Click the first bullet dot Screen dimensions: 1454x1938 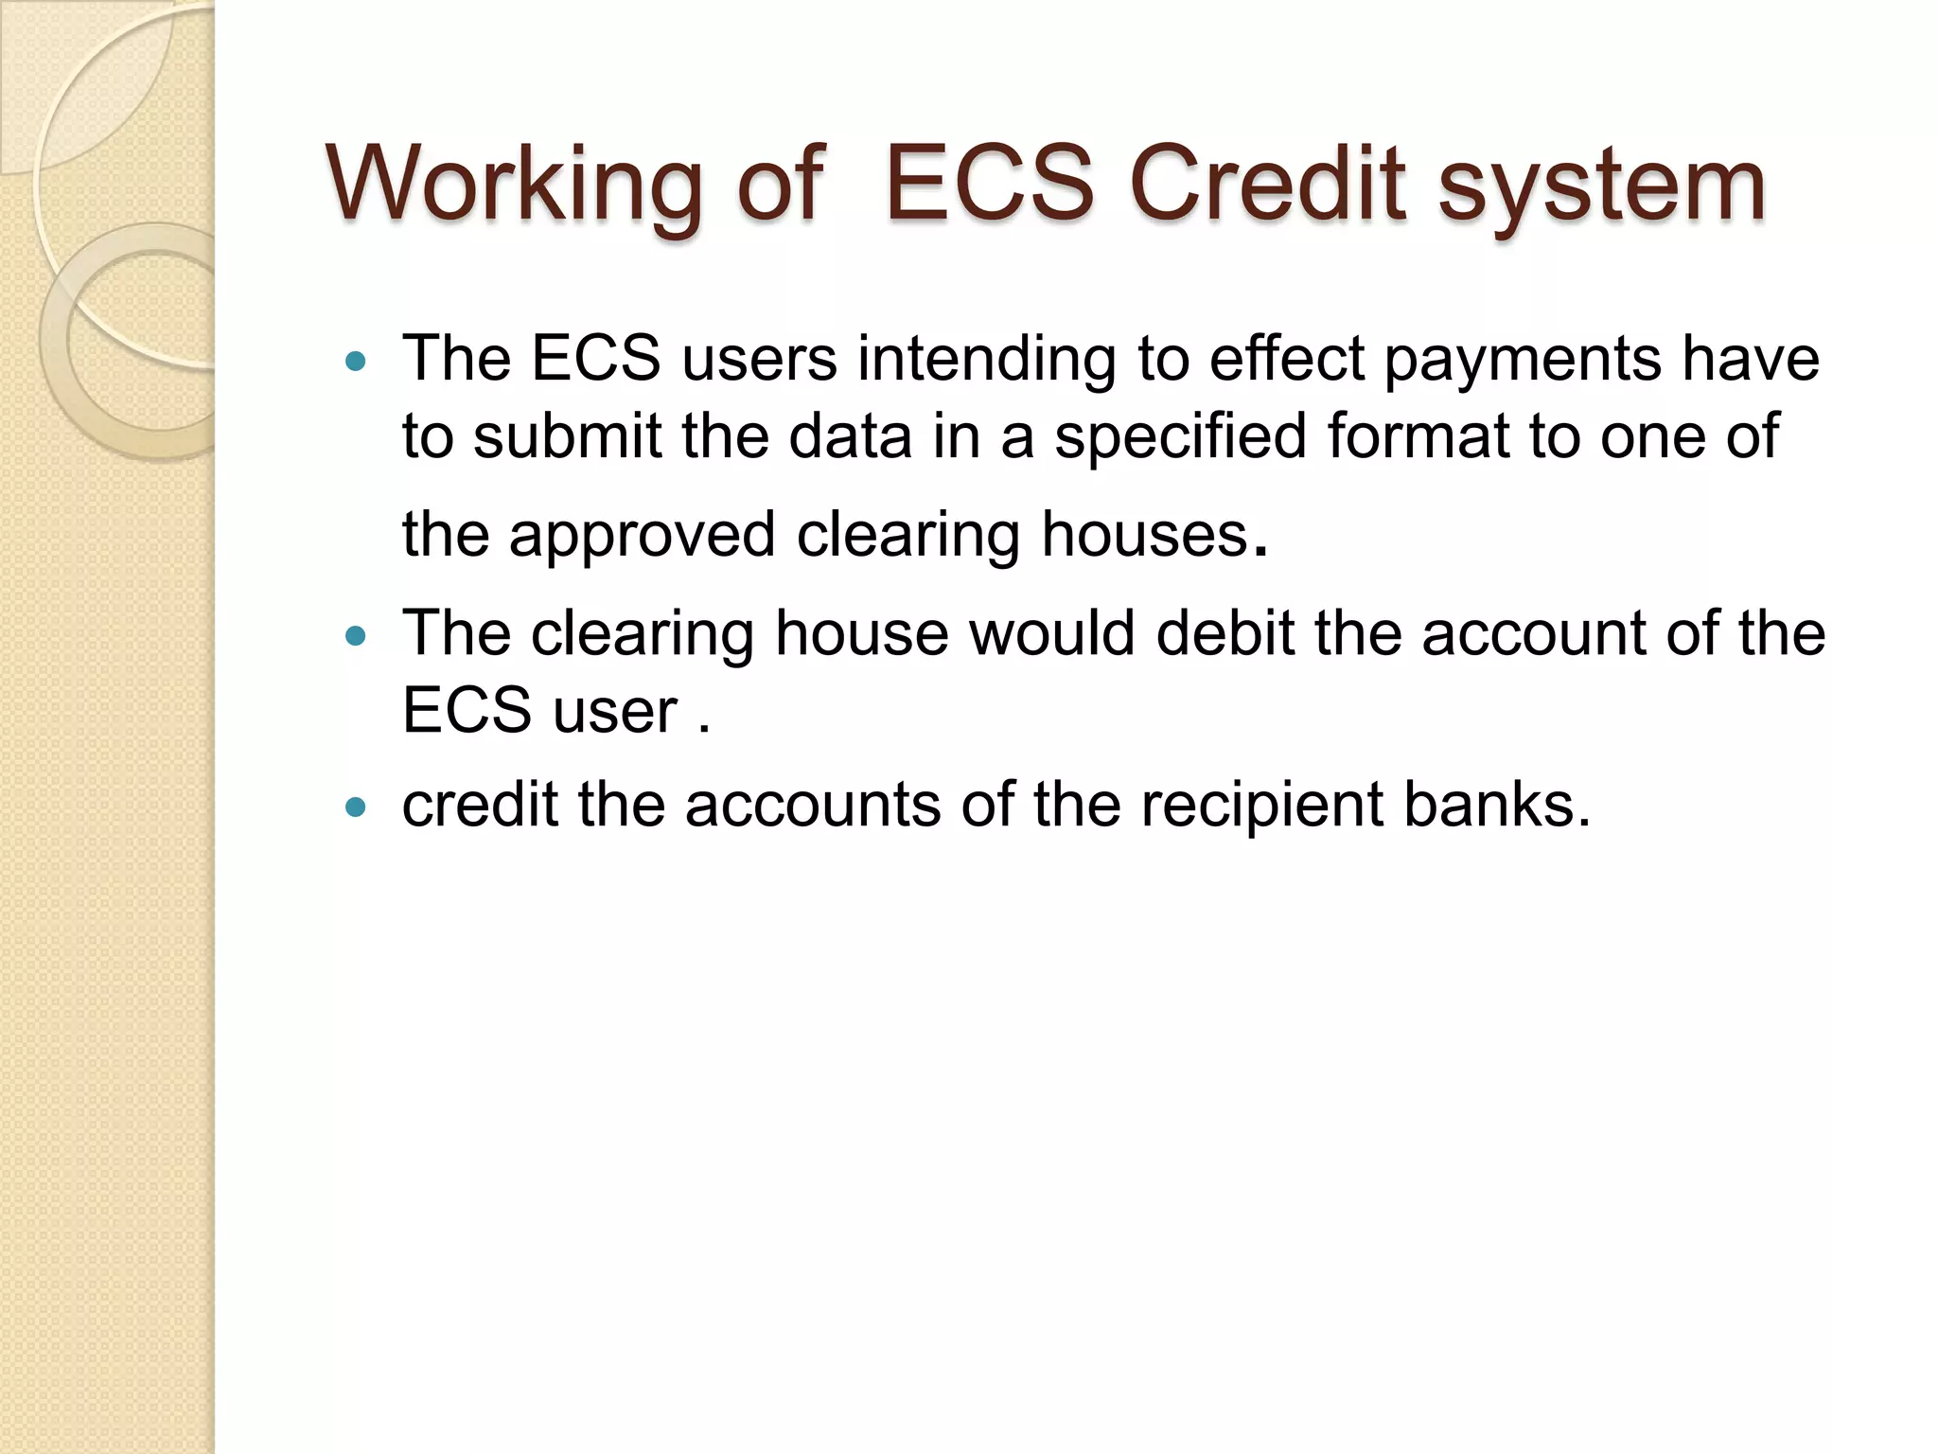(x=356, y=361)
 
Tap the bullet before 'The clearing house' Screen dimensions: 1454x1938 (x=356, y=636)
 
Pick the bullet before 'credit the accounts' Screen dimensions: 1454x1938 (x=356, y=807)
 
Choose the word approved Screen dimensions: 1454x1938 (x=643, y=537)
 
